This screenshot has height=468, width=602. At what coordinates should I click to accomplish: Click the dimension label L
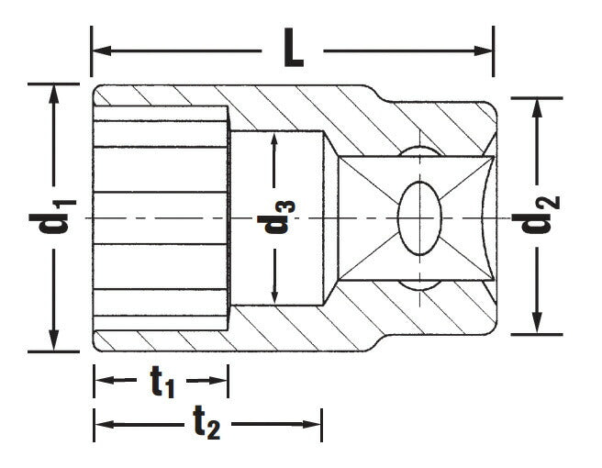[293, 51]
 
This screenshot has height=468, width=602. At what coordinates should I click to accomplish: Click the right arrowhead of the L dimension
[485, 51]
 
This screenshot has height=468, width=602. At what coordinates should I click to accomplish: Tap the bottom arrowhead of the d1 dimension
[56, 343]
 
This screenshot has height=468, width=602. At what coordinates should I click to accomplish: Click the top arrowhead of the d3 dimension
[274, 140]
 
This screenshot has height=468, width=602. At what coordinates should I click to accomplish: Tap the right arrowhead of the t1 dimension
[220, 380]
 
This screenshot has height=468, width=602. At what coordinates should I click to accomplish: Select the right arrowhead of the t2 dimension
[314, 424]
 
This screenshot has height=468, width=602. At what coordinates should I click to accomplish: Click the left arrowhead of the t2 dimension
[102, 424]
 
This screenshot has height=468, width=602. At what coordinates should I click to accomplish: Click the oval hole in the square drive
[421, 218]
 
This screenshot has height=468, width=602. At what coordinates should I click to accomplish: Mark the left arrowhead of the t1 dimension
[102, 380]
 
